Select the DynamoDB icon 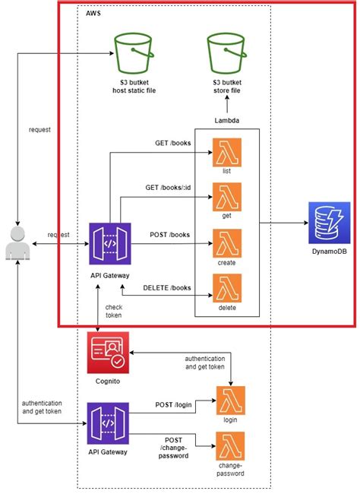pos(329,222)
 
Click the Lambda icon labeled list pos(226,151)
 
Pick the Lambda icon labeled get pos(226,198)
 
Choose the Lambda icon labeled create pos(226,243)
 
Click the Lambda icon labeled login pos(230,401)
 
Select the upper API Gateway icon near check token pos(109,243)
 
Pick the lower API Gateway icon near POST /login pos(109,424)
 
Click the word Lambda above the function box pos(227,121)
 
